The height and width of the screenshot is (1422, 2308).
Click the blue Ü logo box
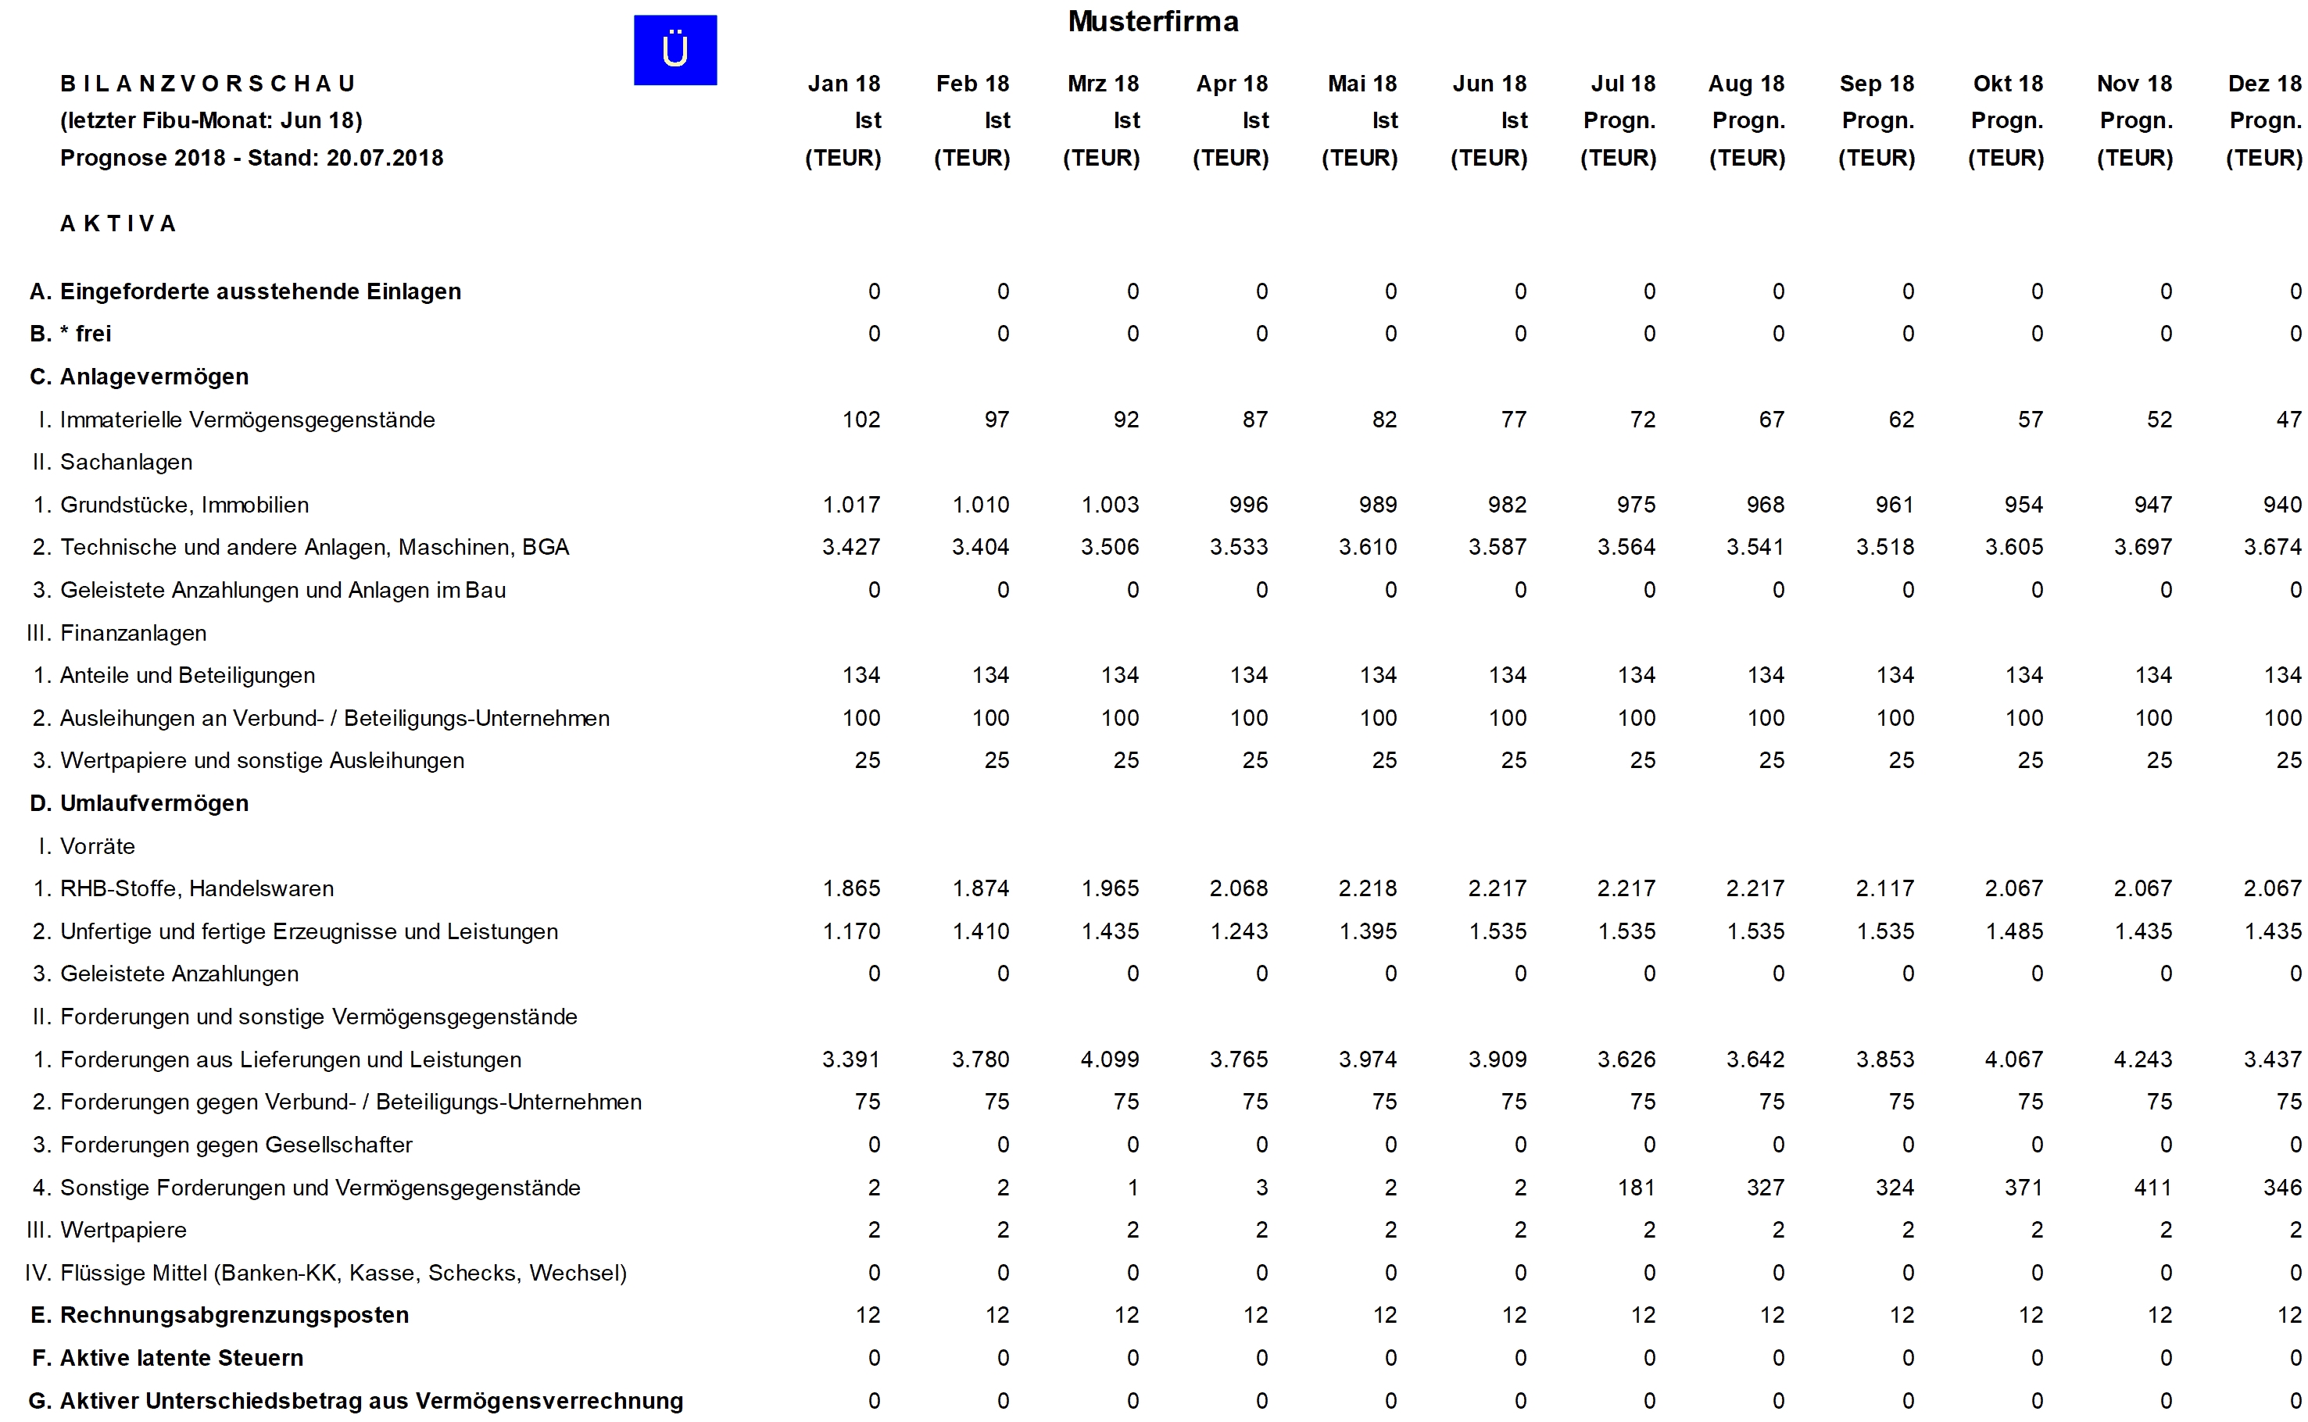pyautogui.click(x=675, y=50)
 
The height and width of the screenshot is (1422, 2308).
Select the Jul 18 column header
pyautogui.click(x=1623, y=84)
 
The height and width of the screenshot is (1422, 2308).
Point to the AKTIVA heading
pyautogui.click(x=119, y=223)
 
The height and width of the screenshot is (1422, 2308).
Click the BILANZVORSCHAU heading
pyautogui.click(x=208, y=84)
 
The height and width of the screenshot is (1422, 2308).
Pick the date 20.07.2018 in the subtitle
pyautogui.click(x=385, y=158)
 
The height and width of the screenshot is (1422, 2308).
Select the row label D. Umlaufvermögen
pyautogui.click(x=139, y=803)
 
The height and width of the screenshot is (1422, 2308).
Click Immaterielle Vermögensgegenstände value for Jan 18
pyautogui.click(x=861, y=420)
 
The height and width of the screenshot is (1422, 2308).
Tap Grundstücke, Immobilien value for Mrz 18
pyautogui.click(x=1110, y=505)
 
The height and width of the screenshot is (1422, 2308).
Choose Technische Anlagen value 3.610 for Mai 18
pyautogui.click(x=1368, y=548)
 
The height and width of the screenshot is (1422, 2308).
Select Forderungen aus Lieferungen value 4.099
pyautogui.click(x=1110, y=1060)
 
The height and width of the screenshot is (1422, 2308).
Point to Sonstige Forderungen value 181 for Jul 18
pyautogui.click(x=1636, y=1188)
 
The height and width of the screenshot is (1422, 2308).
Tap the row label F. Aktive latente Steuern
pyautogui.click(x=167, y=1358)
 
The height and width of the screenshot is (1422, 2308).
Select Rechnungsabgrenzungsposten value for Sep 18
pyautogui.click(x=1901, y=1316)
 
